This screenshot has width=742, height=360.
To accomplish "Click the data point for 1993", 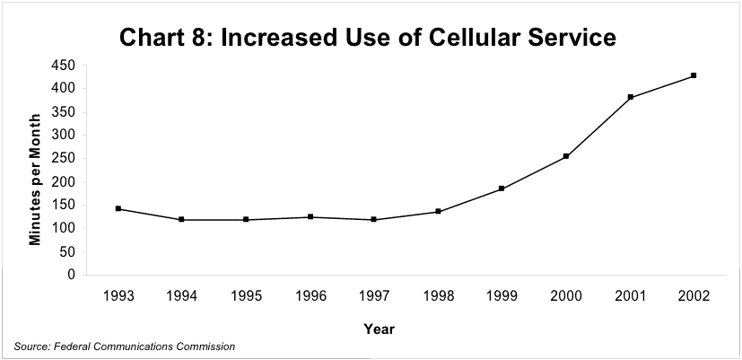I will (118, 208).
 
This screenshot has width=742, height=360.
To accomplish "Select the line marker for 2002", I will (694, 75).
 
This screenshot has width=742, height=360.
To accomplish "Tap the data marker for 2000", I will (566, 156).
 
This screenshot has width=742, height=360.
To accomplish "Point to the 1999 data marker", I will (502, 189).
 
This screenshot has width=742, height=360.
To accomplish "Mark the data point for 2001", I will (630, 97).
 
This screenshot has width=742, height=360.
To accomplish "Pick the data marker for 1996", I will (310, 216).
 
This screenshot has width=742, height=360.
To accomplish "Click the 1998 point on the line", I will (438, 212).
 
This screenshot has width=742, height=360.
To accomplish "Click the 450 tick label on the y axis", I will (62, 66).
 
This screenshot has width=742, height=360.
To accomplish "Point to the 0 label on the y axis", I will (70, 275).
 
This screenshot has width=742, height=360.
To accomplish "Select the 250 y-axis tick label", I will (62, 158).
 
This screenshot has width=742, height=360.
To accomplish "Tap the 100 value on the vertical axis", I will (62, 228).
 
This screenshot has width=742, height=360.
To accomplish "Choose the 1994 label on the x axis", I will (181, 295).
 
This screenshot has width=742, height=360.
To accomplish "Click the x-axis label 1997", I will (373, 295).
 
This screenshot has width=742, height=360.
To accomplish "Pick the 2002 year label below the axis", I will (694, 295).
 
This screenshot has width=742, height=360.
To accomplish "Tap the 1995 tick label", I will (246, 295).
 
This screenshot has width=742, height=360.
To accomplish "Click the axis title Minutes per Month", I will (36, 179).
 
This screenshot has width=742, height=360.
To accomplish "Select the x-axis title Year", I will (379, 329).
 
